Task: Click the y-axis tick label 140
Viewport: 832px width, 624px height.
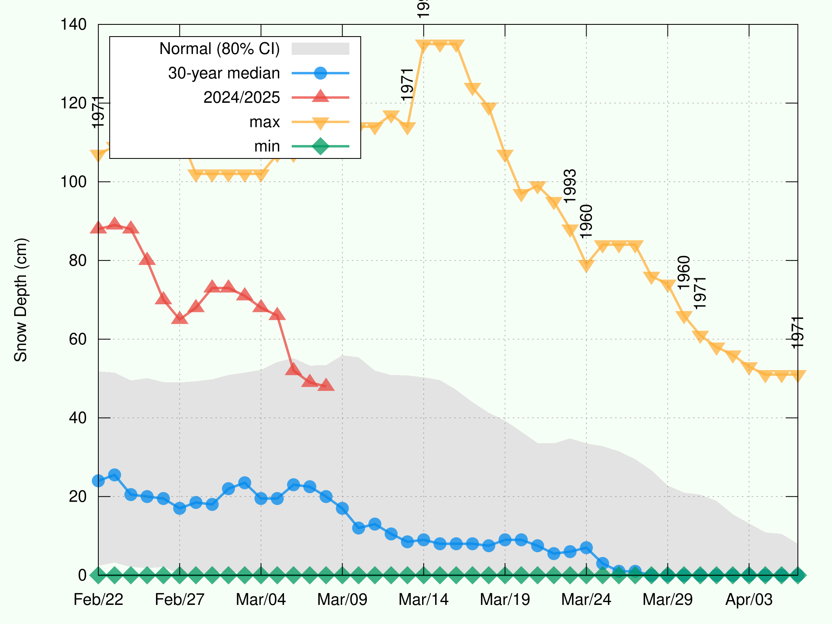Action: click(x=73, y=24)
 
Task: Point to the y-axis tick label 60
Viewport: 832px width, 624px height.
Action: click(x=78, y=339)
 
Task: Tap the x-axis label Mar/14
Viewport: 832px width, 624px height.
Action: click(x=423, y=600)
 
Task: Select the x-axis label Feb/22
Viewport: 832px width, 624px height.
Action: click(x=98, y=600)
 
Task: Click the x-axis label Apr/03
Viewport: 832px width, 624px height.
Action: click(x=749, y=600)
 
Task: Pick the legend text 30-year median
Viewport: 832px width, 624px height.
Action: click(x=224, y=73)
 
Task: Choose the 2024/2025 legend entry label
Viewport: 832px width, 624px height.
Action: click(x=242, y=97)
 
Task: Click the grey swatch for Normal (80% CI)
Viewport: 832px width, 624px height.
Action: click(x=321, y=49)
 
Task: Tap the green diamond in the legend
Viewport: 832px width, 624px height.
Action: click(x=321, y=146)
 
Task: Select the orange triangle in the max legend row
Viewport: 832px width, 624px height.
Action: click(x=321, y=122)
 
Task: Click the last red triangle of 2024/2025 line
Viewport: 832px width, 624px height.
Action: click(x=326, y=385)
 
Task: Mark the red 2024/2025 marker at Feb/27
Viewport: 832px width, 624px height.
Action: click(x=180, y=318)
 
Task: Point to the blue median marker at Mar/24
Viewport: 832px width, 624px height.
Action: click(x=586, y=548)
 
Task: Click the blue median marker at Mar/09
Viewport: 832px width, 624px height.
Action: click(x=342, y=508)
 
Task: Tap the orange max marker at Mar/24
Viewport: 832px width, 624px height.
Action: click(x=586, y=266)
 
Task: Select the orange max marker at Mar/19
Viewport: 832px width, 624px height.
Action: click(x=505, y=155)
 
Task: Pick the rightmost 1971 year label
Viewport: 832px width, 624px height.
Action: click(x=798, y=332)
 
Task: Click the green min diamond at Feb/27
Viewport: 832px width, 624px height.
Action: click(x=180, y=575)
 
